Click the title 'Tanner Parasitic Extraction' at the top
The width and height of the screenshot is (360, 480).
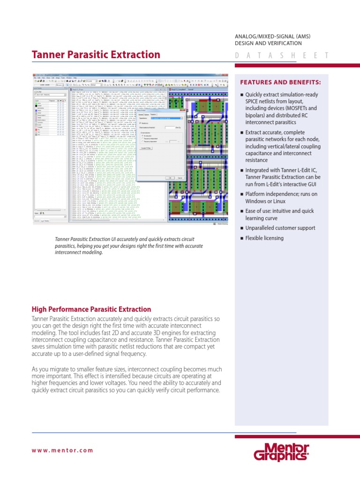[x=96, y=55]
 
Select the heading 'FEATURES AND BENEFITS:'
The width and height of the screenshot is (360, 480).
[x=280, y=82]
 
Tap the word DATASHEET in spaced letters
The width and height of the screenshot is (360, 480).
[x=281, y=56]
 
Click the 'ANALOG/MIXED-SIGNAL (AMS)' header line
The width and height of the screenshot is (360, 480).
[x=272, y=37]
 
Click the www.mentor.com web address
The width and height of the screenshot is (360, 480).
[x=62, y=450]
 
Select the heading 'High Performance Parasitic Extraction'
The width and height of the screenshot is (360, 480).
[x=91, y=309]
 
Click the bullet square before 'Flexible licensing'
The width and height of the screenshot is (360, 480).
[x=242, y=239]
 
